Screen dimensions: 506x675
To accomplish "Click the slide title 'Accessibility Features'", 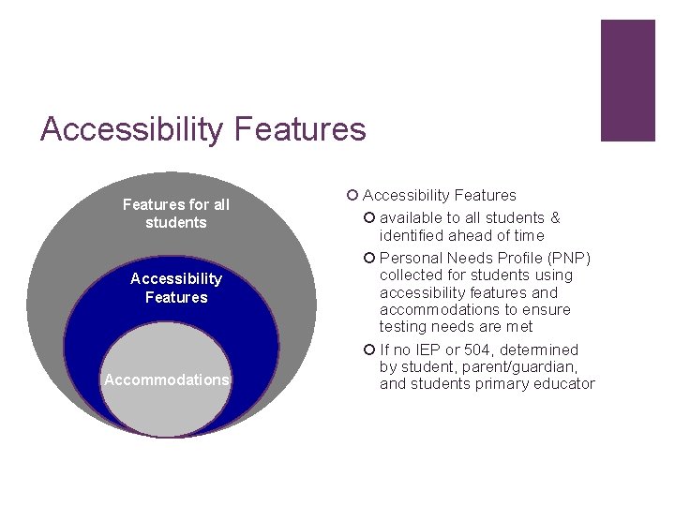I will click(x=202, y=128).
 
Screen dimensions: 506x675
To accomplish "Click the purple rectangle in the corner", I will click(x=627, y=81).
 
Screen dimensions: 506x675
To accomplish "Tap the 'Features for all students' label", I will click(x=175, y=214).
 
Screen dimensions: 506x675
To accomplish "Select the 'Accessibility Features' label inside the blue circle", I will click(x=176, y=288).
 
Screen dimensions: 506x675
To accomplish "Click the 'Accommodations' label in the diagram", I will click(x=166, y=379).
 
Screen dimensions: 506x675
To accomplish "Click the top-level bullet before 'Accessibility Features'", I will click(x=352, y=195).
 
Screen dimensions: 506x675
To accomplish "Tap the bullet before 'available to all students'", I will click(x=370, y=218).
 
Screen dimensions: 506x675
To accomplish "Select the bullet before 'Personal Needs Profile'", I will click(x=370, y=258).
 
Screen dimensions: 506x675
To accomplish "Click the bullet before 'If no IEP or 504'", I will click(x=370, y=350).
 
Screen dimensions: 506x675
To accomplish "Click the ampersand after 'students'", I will click(x=555, y=218).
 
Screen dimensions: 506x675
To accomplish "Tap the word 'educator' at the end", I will click(x=563, y=383).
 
